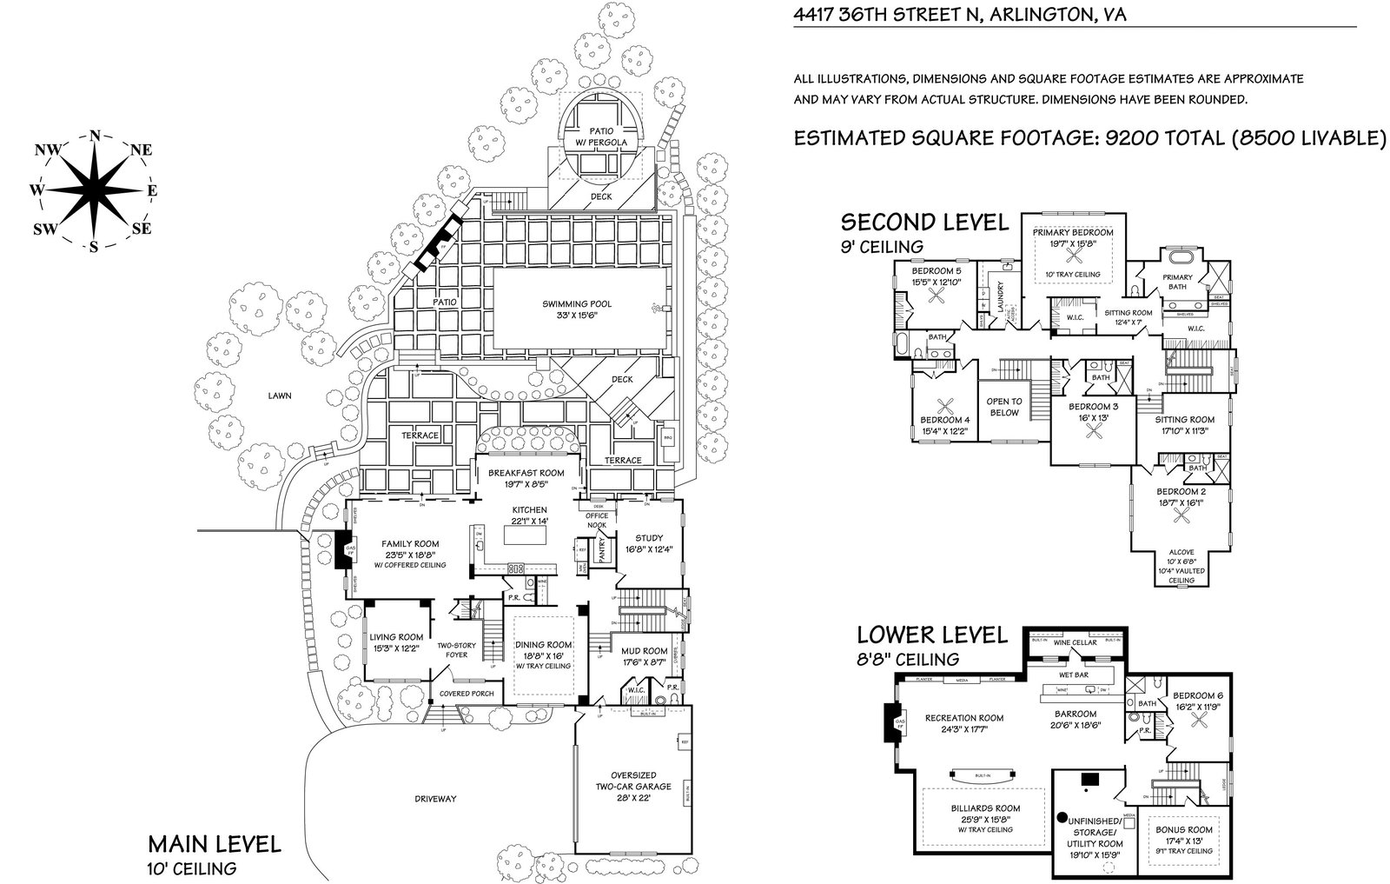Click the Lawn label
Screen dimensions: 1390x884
coord(280,395)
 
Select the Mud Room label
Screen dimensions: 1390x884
coord(644,656)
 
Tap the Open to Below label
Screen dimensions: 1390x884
coord(1004,407)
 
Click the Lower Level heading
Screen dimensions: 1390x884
coord(932,635)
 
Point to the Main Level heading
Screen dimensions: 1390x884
coord(214,843)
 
